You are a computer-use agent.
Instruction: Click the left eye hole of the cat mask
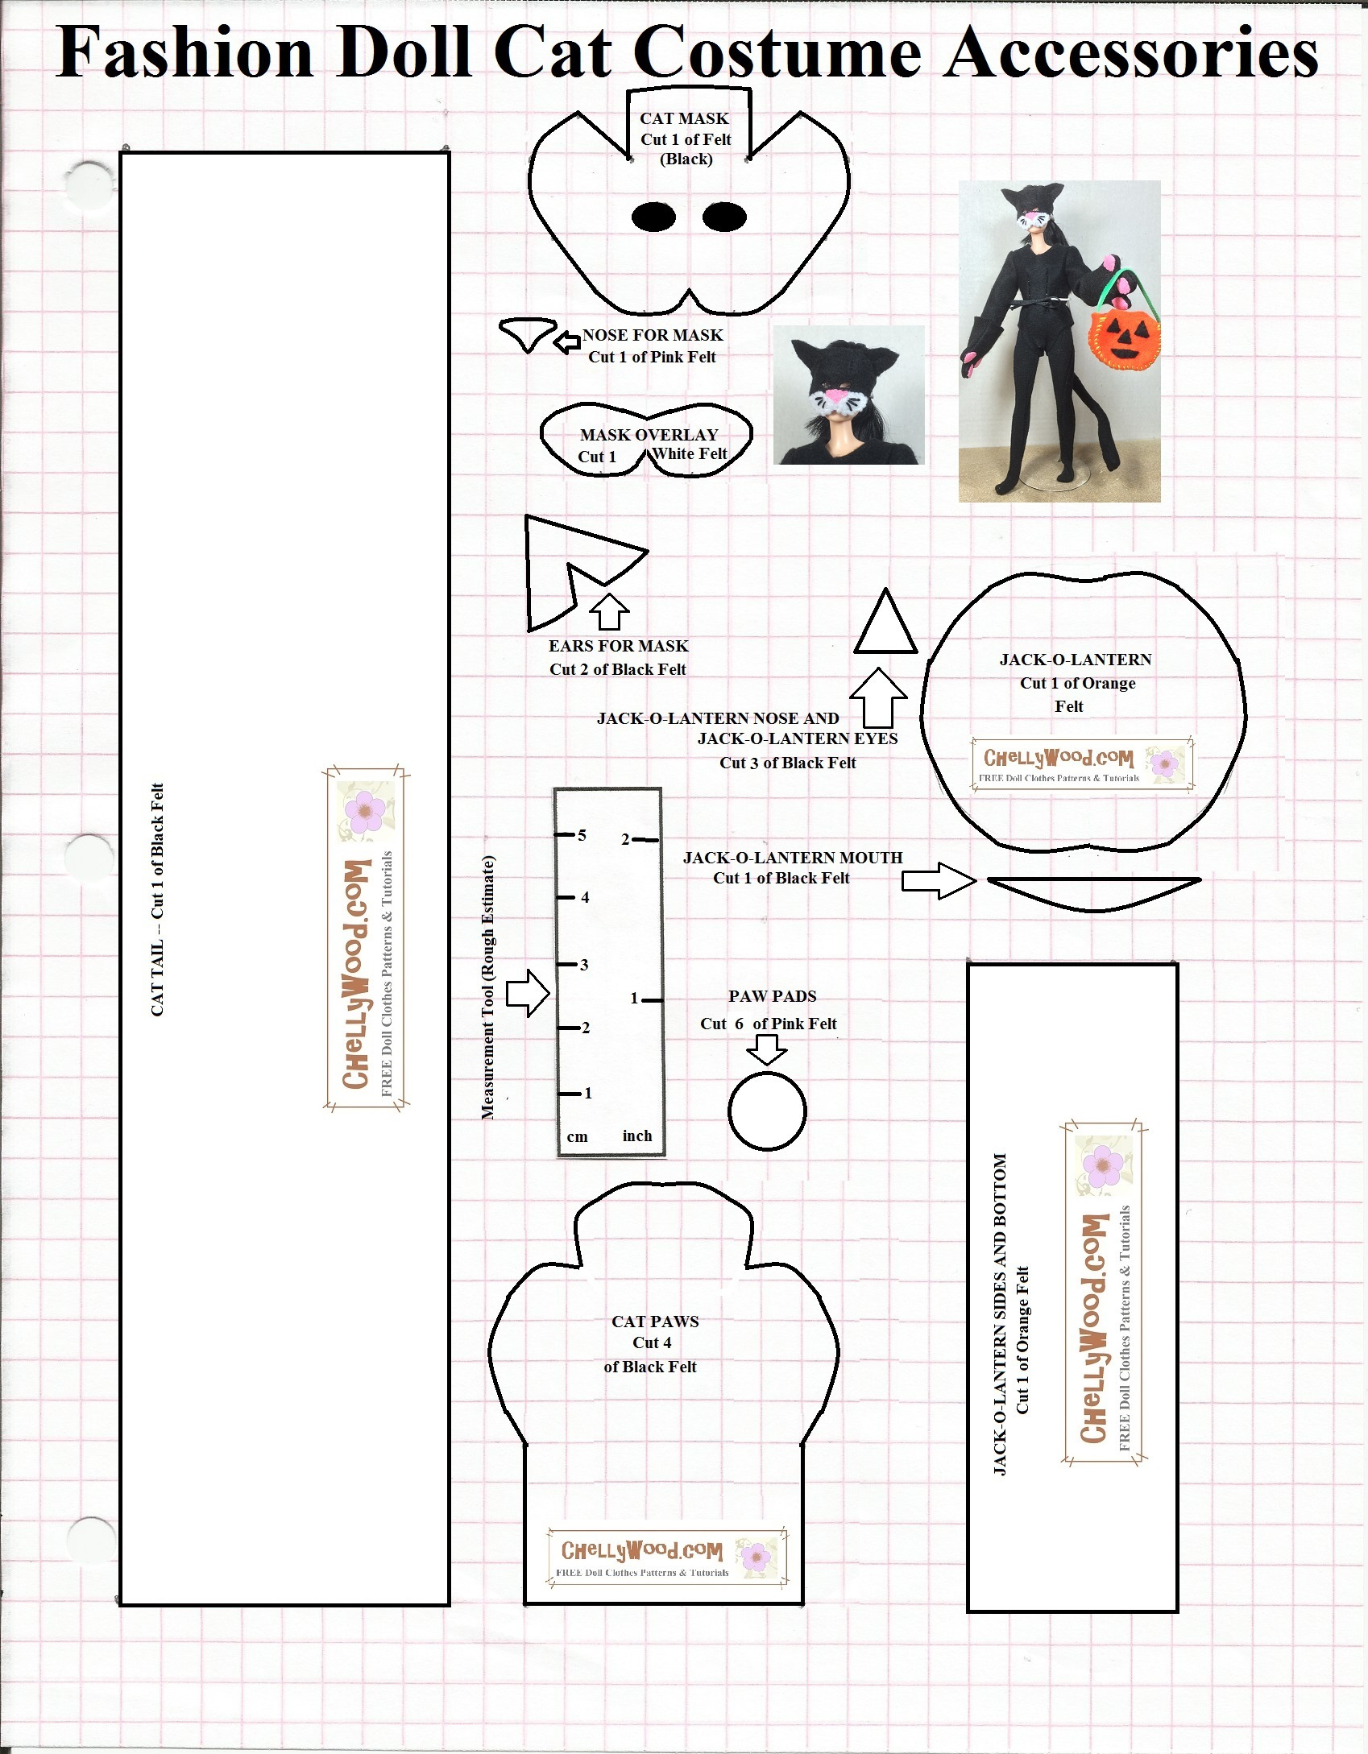coord(653,217)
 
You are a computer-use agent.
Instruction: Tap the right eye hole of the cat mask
coord(724,217)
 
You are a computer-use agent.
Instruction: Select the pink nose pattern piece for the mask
coord(528,333)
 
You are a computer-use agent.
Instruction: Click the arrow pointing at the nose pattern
coord(567,341)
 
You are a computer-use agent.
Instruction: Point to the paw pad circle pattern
coord(767,1111)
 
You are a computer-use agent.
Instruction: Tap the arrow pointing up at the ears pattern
coord(609,611)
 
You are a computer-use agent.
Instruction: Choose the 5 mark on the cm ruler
coord(582,835)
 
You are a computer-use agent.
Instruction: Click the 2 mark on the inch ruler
coord(625,840)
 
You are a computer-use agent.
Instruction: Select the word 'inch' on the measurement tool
coord(636,1136)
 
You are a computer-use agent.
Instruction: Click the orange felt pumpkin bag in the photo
coord(1124,338)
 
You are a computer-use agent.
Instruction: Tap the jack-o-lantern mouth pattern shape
coord(1094,893)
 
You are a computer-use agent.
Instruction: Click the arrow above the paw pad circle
coord(767,1049)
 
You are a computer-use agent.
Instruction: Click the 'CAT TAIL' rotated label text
coord(158,899)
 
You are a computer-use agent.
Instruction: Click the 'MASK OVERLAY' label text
coord(649,435)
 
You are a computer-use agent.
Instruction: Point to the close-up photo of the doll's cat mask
coord(848,395)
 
